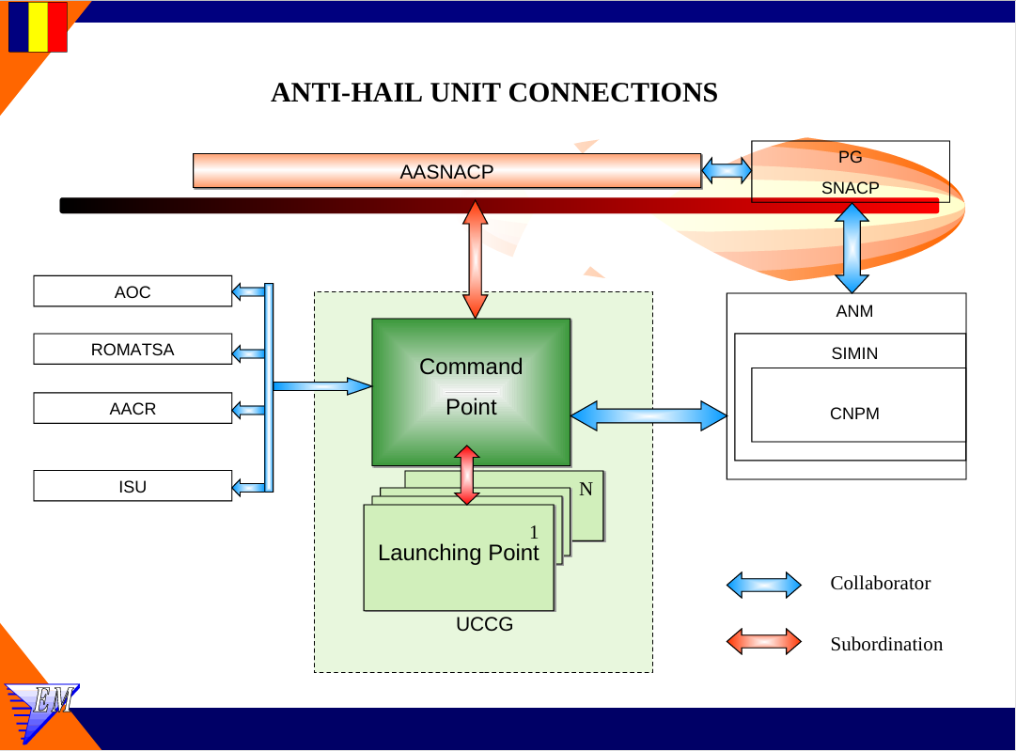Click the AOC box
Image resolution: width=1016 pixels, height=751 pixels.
click(133, 291)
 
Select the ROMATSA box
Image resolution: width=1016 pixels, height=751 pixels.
click(133, 350)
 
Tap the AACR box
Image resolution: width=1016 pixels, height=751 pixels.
click(133, 409)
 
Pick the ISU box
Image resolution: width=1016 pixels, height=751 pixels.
click(133, 486)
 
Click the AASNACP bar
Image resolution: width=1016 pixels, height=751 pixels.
click(446, 171)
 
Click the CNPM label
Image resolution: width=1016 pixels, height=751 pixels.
click(854, 413)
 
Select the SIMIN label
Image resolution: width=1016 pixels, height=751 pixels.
click(854, 353)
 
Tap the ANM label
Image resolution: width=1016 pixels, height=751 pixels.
click(854, 311)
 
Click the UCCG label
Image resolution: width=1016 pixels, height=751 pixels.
click(484, 624)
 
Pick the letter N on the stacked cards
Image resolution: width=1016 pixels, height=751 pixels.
click(586, 490)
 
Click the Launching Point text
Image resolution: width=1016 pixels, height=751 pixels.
click(459, 553)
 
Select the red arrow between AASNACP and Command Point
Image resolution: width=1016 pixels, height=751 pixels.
click(476, 259)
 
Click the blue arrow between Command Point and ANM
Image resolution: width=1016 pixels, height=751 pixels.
click(649, 415)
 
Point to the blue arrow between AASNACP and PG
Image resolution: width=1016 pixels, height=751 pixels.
click(727, 171)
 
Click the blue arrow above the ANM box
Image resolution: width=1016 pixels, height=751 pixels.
click(852, 248)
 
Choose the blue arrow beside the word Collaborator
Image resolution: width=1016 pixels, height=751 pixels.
click(763, 585)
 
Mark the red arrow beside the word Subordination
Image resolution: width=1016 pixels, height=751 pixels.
click(763, 642)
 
